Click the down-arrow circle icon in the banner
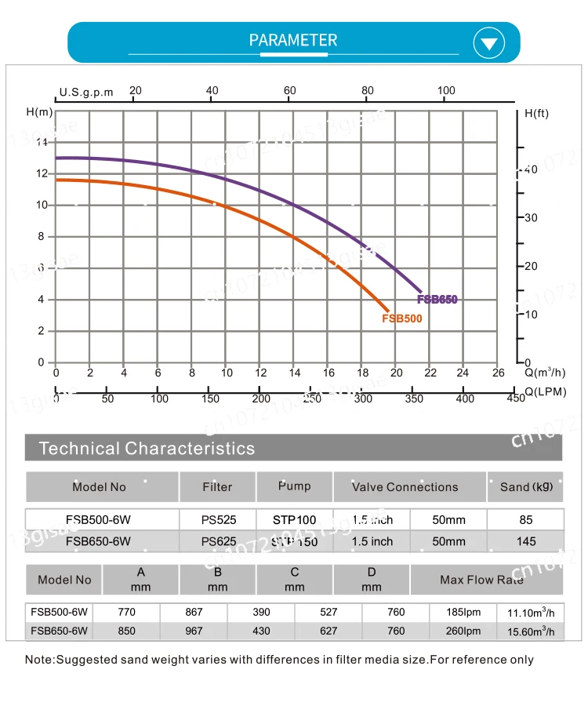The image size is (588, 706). coord(489,42)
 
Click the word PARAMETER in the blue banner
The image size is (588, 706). coord(293,40)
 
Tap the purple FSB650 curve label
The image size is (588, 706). coord(437,300)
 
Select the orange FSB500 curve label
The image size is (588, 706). coord(401,318)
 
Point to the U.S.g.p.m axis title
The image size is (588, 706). coord(86,92)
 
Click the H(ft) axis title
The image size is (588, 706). coord(536,113)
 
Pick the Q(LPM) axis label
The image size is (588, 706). coord(546,391)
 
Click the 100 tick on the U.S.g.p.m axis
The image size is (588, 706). coord(446,90)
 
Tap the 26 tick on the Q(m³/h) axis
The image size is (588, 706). coord(497,373)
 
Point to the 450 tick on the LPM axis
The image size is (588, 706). coord(515,398)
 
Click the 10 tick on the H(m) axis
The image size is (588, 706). coord(42,205)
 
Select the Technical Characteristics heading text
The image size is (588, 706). coord(147,449)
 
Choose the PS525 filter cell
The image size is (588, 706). coord(218,519)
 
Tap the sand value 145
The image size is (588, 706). coord(526,541)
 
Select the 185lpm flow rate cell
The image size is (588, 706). coord(463,612)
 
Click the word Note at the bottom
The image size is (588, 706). coord(39,660)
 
